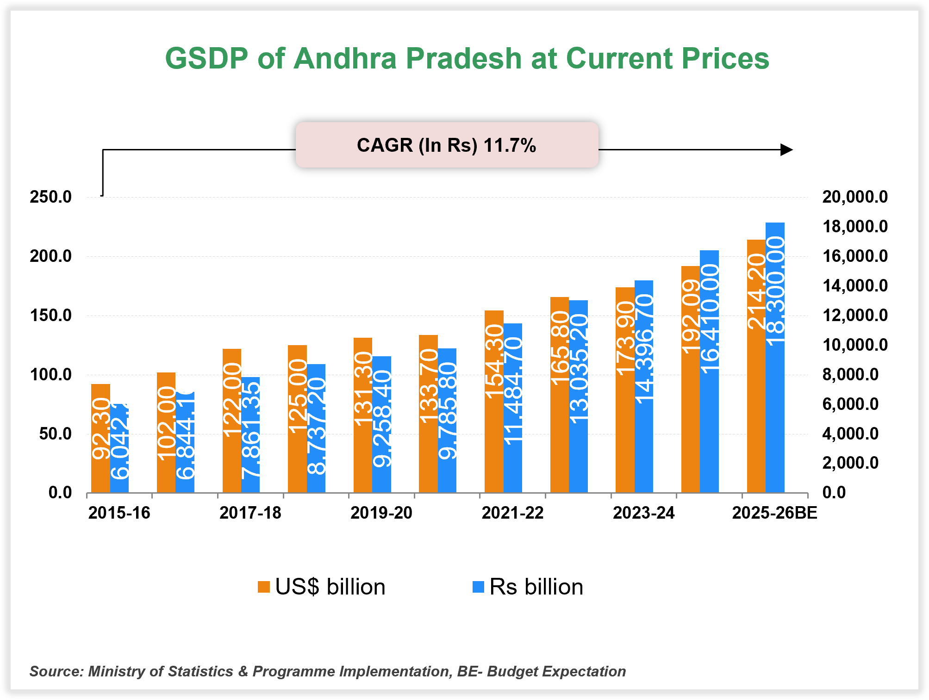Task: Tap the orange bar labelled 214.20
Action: coord(756,365)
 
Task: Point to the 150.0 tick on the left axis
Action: coord(50,316)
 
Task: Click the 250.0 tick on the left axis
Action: coord(50,197)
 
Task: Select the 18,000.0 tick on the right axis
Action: coord(854,227)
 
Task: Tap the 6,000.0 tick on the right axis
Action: coord(850,404)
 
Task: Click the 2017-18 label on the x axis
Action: coord(250,513)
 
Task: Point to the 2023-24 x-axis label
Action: coord(643,513)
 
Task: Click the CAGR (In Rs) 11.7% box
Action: coord(447,145)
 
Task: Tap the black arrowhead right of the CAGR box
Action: coord(786,149)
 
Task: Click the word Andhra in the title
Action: coord(345,59)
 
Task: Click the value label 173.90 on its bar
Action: coord(625,338)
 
